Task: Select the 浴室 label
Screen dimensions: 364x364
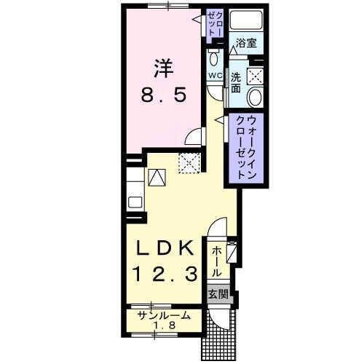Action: [x=246, y=44]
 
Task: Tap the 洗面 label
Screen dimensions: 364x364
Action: [x=236, y=80]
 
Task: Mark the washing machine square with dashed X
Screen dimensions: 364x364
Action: [x=255, y=74]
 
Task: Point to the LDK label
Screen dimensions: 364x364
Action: [x=165, y=248]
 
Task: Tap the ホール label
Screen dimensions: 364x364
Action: [x=216, y=260]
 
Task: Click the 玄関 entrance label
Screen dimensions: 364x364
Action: [x=218, y=295]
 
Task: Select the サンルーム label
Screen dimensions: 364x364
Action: [x=165, y=316]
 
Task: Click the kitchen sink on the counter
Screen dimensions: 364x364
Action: [x=135, y=199]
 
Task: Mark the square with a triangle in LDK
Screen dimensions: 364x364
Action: [x=157, y=177]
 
